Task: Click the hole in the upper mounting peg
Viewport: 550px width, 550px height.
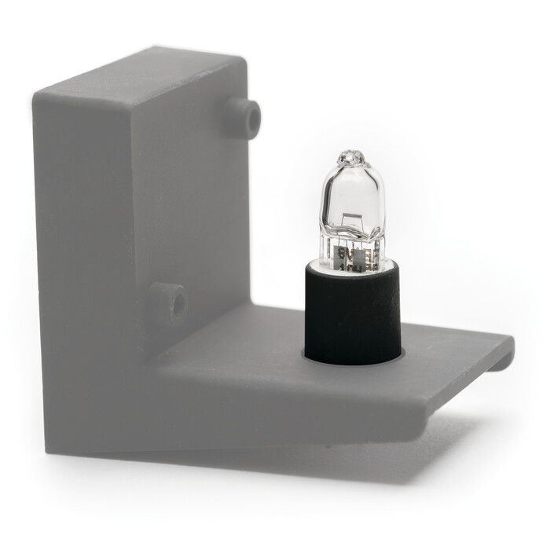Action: tap(252, 116)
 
